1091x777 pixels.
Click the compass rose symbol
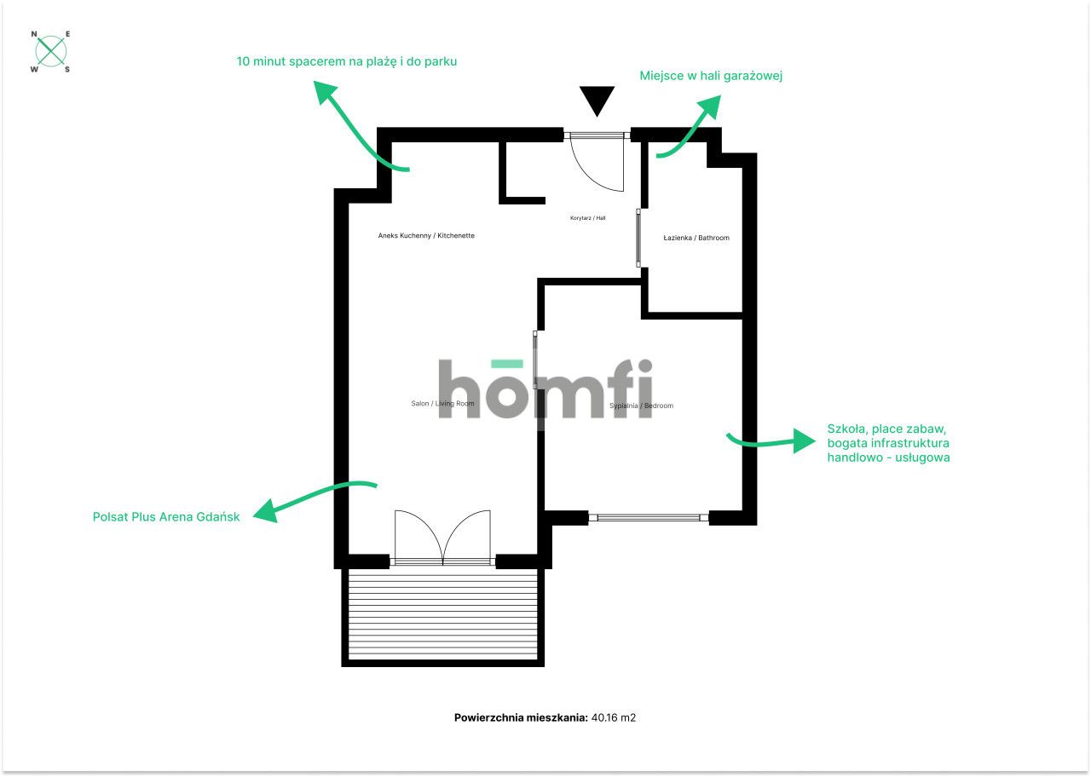point(51,51)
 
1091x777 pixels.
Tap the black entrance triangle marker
point(597,99)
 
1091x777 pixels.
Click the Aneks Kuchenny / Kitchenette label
point(426,235)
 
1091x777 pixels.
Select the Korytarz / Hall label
point(587,218)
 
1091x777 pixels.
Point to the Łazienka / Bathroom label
point(696,238)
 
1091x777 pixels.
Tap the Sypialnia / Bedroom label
point(641,406)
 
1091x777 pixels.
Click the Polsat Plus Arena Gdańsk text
point(166,516)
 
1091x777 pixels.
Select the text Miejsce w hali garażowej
point(711,76)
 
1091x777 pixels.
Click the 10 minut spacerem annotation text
point(346,61)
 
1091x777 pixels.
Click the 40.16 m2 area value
point(614,717)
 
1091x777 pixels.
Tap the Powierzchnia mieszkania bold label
point(521,717)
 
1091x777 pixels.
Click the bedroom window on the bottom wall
point(649,516)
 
